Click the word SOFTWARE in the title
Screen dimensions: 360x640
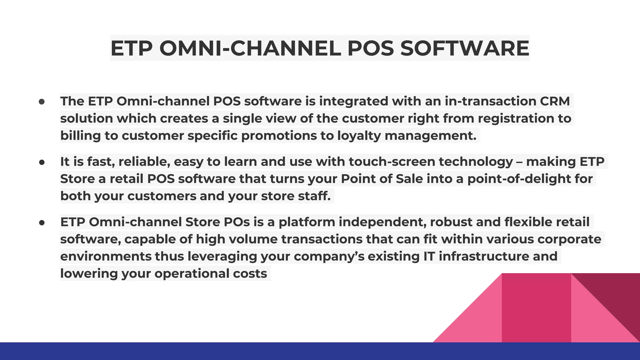[464, 48]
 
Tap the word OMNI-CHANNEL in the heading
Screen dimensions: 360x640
[250, 48]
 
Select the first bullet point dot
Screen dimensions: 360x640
[42, 102]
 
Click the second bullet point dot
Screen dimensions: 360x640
[42, 162]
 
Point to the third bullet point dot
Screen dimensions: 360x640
[42, 222]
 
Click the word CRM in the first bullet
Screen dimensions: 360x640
[555, 101]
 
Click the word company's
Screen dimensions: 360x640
[329, 256]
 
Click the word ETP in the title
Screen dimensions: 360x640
[132, 48]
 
